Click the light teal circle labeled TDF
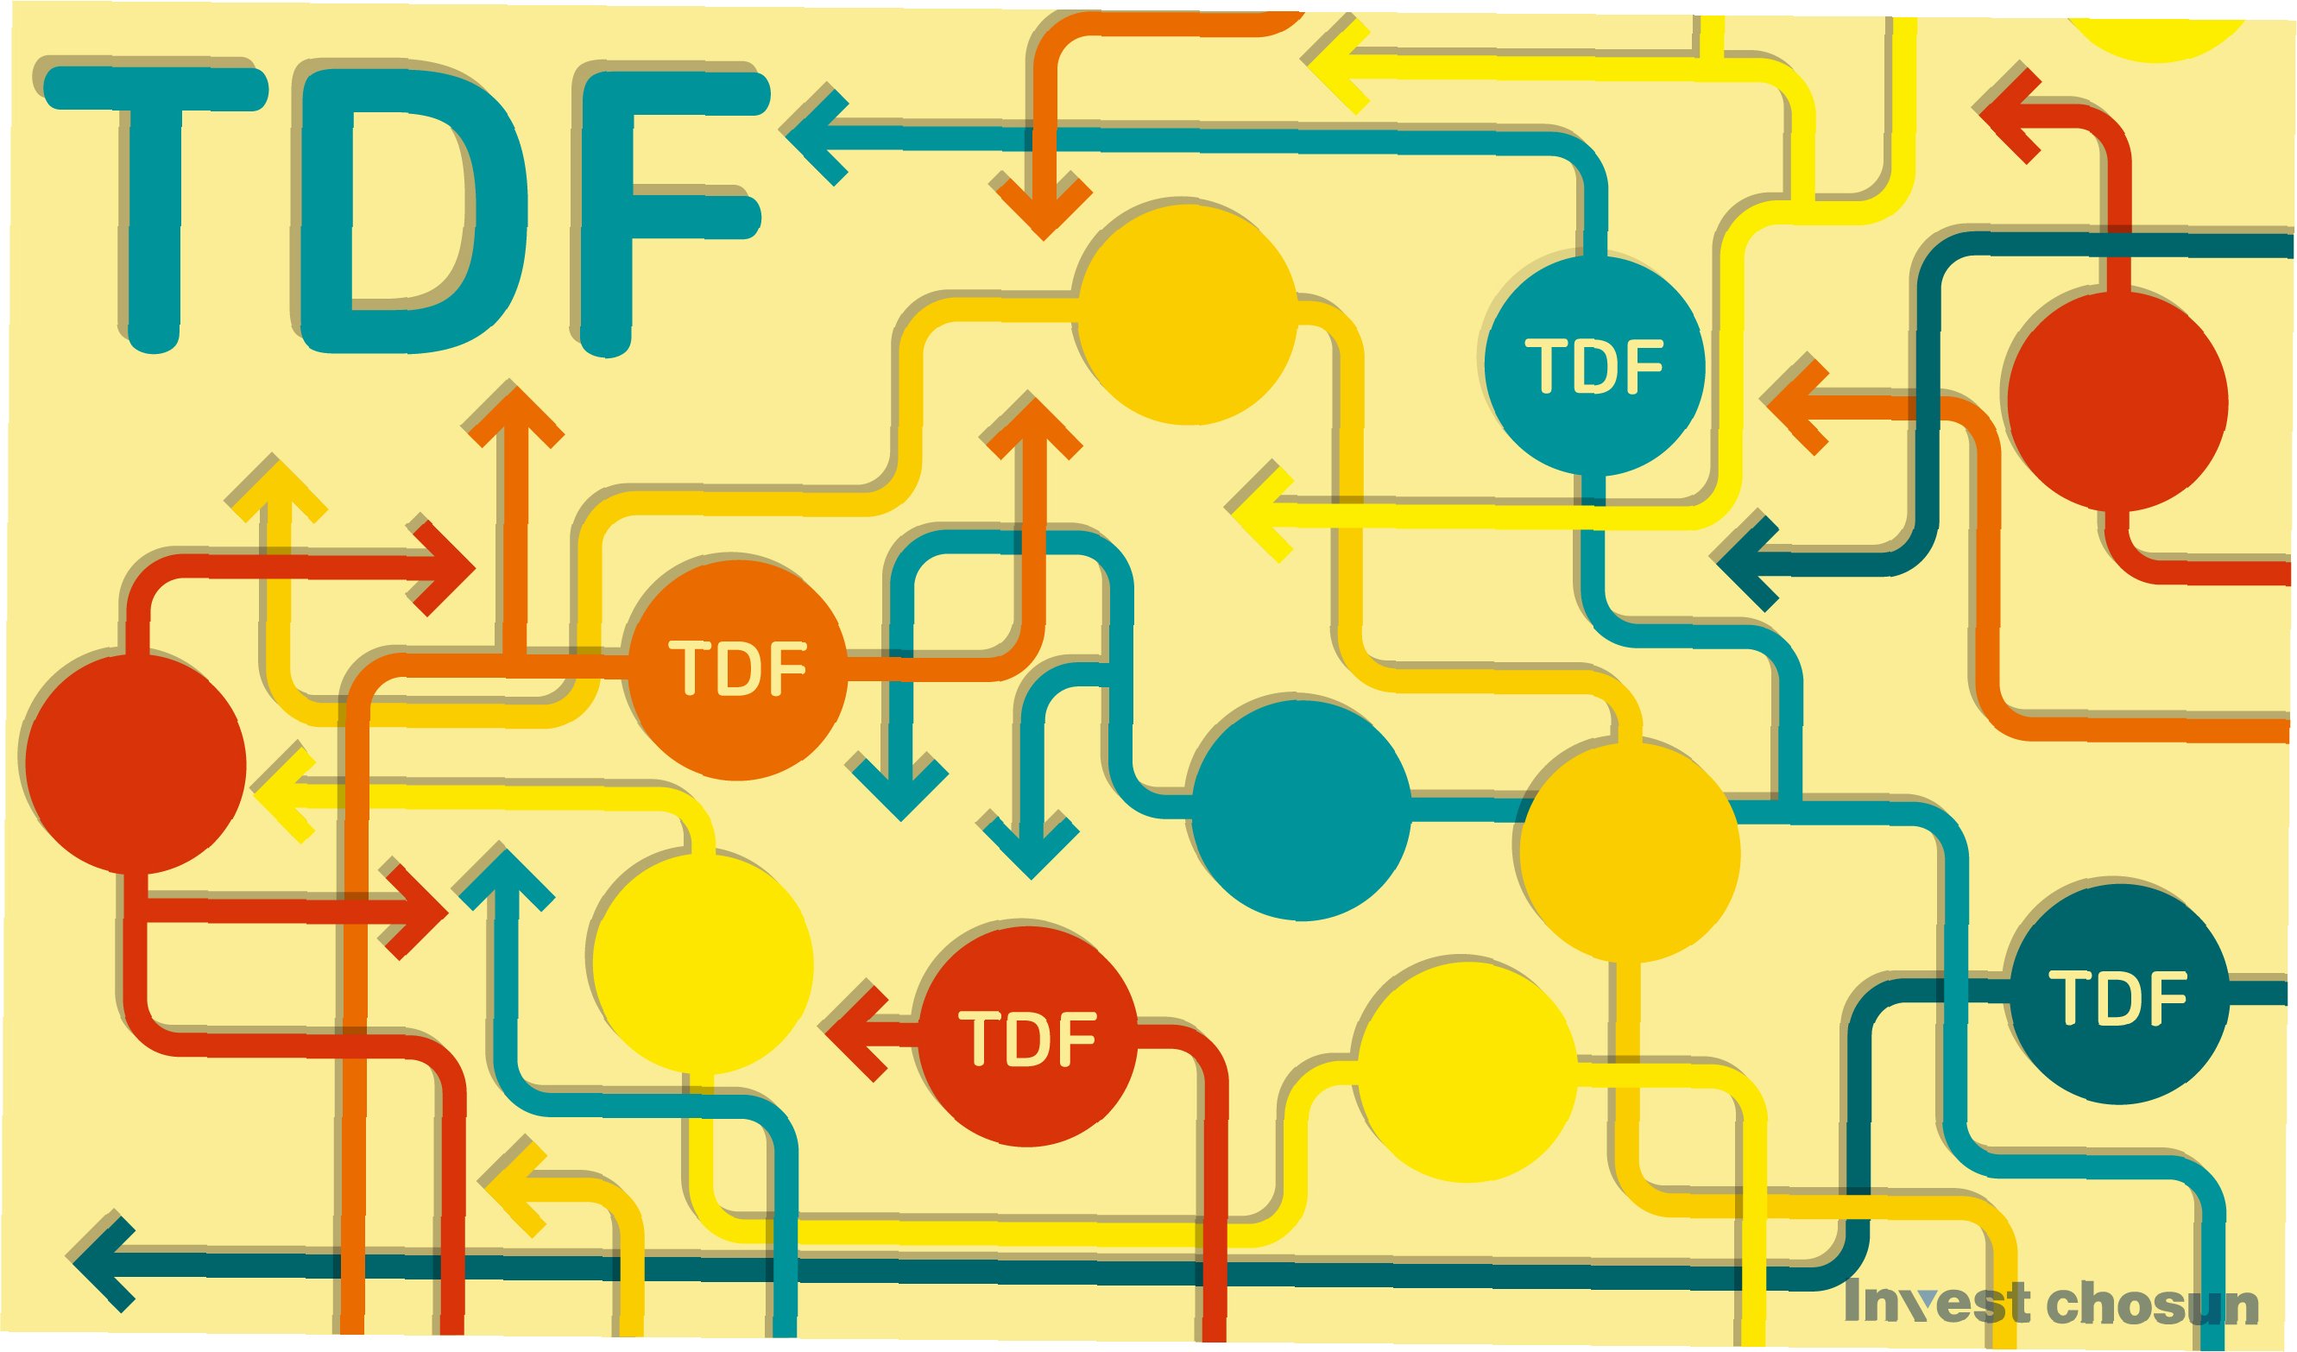tap(1594, 365)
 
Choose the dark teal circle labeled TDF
tap(2117, 996)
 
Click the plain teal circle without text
tap(1301, 809)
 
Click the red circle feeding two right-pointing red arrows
tap(136, 763)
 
